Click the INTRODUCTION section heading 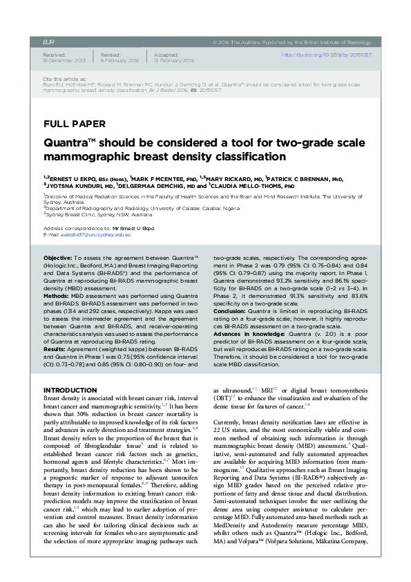tap(70, 391)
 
